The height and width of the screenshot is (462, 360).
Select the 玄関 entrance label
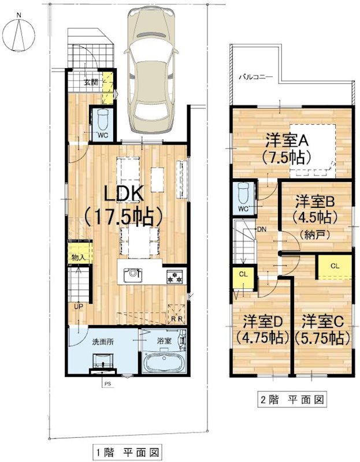[x=90, y=82]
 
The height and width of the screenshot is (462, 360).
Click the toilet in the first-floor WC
[x=103, y=121]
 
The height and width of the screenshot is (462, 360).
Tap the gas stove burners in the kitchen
[x=175, y=276]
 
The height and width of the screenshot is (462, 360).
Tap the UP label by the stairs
[x=77, y=307]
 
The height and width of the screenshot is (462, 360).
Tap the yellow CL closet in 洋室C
[x=335, y=266]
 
